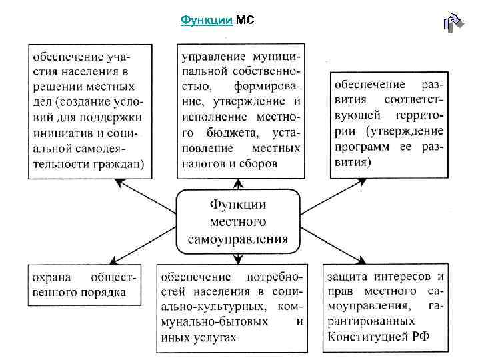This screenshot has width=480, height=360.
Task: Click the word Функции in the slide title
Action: (x=206, y=21)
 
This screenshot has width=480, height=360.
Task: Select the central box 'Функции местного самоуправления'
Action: (x=238, y=221)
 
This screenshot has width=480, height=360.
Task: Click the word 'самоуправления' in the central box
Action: (x=239, y=238)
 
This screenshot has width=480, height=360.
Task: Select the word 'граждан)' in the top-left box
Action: (x=123, y=163)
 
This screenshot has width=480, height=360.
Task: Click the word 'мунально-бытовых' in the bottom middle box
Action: (x=213, y=322)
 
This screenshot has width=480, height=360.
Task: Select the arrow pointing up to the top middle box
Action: (x=238, y=184)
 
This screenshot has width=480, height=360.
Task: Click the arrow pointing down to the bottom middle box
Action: (x=238, y=259)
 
